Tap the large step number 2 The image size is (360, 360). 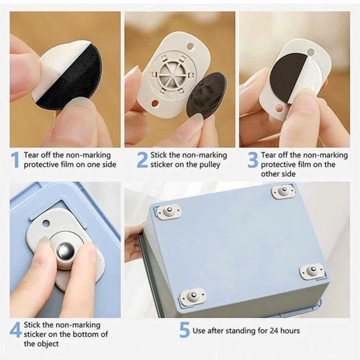[142, 160]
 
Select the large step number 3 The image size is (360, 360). [253, 160]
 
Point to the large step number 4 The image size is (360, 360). [16, 330]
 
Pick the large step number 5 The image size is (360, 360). [184, 330]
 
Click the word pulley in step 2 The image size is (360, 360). [210, 165]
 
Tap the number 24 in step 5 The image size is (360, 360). [274, 331]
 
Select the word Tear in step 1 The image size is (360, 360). [31, 155]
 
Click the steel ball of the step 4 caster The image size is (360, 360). [66, 251]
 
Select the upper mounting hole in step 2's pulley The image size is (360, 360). [190, 47]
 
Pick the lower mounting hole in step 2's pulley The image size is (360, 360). [155, 103]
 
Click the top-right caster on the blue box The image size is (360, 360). [283, 191]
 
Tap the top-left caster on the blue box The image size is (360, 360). [168, 211]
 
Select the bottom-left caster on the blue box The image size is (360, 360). [193, 296]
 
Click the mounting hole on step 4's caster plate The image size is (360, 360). [46, 223]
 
